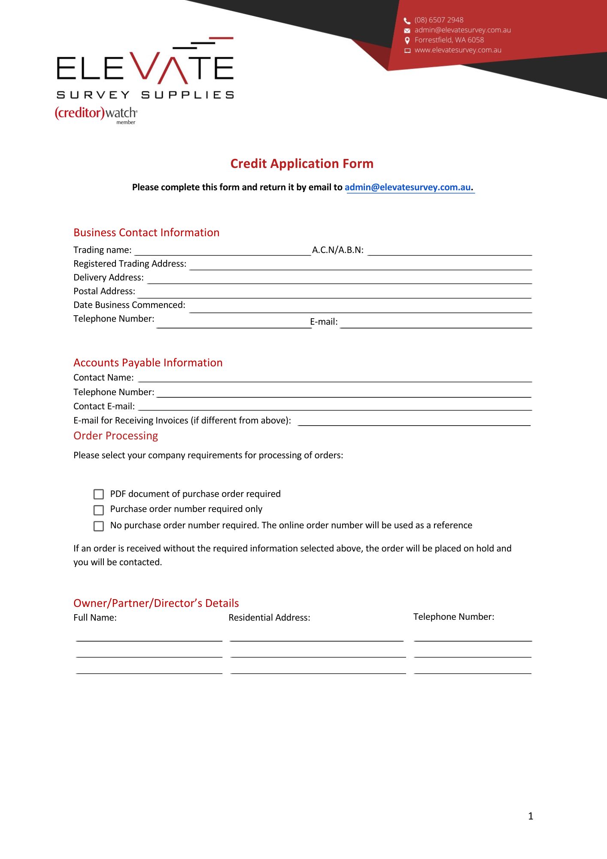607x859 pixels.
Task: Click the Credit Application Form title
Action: point(302,164)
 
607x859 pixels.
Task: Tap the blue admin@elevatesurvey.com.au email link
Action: point(408,187)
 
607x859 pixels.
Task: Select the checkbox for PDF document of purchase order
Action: point(99,494)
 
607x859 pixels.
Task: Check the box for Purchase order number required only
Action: point(99,510)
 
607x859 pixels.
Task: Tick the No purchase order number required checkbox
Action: point(99,526)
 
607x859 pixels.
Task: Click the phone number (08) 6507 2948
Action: point(439,20)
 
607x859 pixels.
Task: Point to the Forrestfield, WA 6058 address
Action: point(449,40)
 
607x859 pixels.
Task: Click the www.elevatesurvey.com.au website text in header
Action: point(458,50)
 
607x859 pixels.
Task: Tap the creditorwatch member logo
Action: point(96,114)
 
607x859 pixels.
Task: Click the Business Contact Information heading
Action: point(146,232)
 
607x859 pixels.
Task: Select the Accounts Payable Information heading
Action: point(148,362)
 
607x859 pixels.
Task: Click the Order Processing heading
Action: point(115,436)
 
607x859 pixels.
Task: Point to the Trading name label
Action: point(103,250)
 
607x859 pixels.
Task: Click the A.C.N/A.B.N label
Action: point(337,250)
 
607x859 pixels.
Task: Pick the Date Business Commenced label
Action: point(129,305)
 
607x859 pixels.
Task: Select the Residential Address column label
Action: point(269,618)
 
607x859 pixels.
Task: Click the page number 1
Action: point(531,816)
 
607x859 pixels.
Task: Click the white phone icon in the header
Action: point(407,21)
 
